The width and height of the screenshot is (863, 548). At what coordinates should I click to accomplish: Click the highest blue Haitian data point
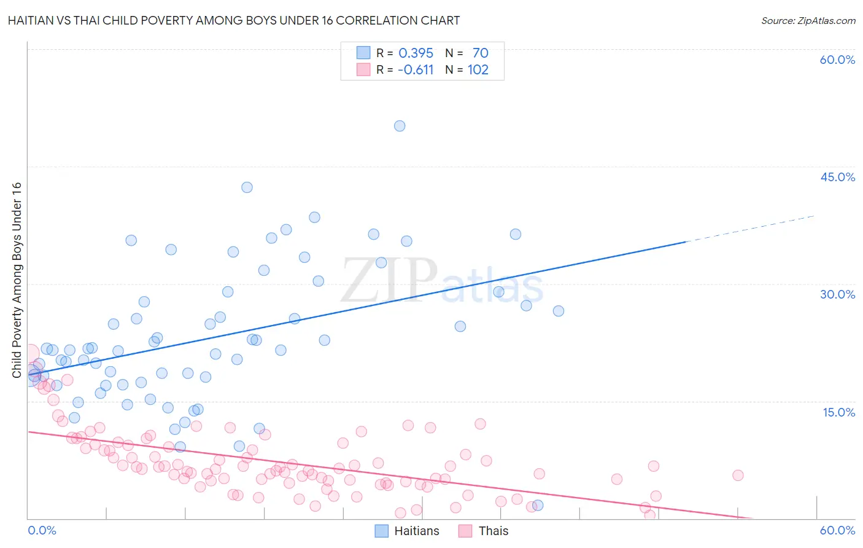[x=400, y=126]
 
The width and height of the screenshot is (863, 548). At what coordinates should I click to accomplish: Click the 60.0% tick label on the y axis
[x=837, y=60]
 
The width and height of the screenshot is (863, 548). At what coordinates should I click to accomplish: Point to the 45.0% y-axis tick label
[x=837, y=177]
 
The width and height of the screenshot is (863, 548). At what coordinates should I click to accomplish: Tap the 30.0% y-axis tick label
[x=837, y=294]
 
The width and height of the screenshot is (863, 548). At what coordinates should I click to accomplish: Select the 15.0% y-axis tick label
[x=838, y=412]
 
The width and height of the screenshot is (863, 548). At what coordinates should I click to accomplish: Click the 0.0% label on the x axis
[x=42, y=530]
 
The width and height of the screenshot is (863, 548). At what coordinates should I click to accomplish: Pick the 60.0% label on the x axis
[x=837, y=530]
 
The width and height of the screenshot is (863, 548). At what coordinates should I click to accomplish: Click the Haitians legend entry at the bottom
[x=416, y=531]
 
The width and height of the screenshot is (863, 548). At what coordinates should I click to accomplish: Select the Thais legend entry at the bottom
[x=493, y=531]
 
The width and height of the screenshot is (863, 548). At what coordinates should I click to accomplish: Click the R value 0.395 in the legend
[x=416, y=53]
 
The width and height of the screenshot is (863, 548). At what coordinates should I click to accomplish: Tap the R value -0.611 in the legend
[x=416, y=69]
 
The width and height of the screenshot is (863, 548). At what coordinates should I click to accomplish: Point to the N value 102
[x=478, y=69]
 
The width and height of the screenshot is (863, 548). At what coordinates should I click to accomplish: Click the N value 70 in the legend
[x=480, y=53]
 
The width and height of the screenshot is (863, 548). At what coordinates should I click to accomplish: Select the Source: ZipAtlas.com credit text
[x=808, y=20]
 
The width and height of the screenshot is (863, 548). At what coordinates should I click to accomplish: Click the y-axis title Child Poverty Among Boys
[x=17, y=280]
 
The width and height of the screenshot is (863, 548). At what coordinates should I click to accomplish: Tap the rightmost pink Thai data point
[x=738, y=475]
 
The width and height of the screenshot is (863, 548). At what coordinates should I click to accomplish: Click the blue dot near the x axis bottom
[x=538, y=505]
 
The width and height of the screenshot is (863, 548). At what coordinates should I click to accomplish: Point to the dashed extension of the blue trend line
[x=749, y=229]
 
